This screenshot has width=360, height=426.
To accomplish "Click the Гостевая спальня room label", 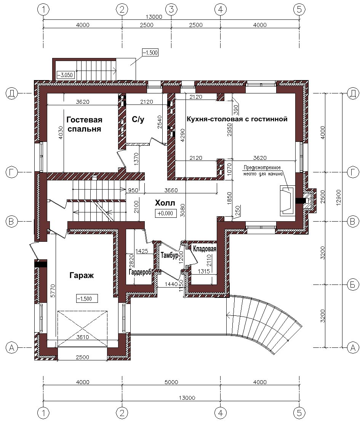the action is click(84, 124).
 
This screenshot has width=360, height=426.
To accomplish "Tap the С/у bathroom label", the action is click(138, 119).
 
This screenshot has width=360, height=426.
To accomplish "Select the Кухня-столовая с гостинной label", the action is click(237, 119).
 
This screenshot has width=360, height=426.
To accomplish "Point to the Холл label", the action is click(165, 203).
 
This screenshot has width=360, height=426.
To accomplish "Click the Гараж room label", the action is click(82, 275).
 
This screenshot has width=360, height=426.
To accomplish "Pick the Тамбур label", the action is click(169, 255).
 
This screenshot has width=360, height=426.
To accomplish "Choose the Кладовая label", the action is click(205, 249).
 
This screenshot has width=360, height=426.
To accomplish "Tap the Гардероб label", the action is click(140, 272).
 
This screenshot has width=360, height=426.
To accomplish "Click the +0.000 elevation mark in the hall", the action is click(165, 213).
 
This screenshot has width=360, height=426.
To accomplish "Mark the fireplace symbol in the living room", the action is click(287, 201).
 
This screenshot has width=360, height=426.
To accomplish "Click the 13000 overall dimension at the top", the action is click(154, 17).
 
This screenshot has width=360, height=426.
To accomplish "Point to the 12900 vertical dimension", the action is click(338, 198).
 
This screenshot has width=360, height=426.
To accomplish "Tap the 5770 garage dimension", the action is click(53, 291).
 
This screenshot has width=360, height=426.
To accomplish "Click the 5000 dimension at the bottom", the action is click(171, 382).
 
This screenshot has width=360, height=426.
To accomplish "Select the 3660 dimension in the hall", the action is click(171, 190).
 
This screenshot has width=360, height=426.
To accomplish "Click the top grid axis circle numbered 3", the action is click(171, 10).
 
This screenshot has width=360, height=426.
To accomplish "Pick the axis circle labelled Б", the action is click(353, 285).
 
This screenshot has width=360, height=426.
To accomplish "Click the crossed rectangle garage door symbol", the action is click(82, 329).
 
